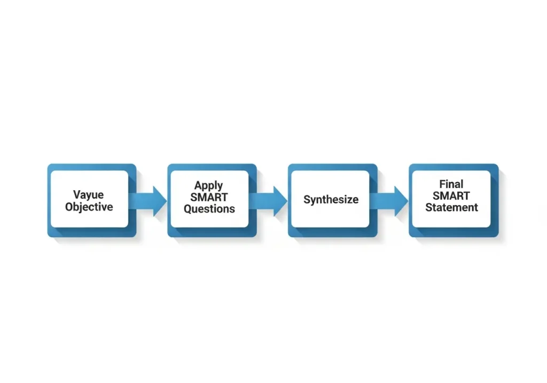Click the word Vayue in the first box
click(x=89, y=194)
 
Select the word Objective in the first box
click(x=89, y=207)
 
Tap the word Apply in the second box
click(x=208, y=185)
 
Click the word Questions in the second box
click(x=209, y=209)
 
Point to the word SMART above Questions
click(x=209, y=197)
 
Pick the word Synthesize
click(x=331, y=200)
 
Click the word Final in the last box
click(x=451, y=184)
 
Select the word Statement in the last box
click(x=451, y=207)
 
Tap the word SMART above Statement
click(x=451, y=196)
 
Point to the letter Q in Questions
click(x=188, y=209)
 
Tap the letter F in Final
click(x=442, y=184)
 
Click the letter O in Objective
click(x=69, y=207)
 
